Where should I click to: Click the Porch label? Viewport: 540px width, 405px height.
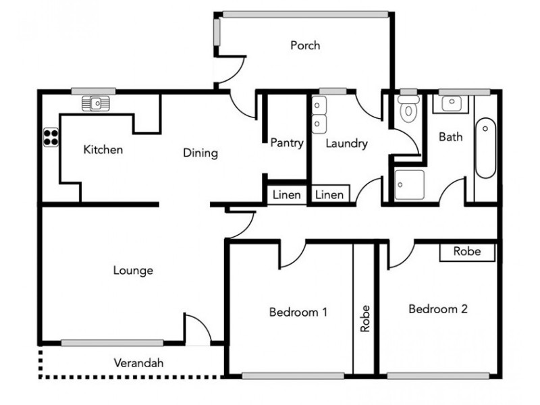point(305,46)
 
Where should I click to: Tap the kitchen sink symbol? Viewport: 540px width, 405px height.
point(95,103)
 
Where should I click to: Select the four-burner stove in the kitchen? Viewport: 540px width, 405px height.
point(51,137)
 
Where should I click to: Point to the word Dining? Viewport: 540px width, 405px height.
point(200,153)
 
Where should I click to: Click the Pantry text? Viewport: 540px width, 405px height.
point(286,143)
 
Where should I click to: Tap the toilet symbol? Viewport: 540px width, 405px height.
point(408,109)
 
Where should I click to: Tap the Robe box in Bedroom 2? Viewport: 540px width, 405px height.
point(467,252)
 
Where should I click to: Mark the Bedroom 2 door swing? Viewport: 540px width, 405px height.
point(399,254)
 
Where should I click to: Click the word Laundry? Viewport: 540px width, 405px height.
point(346,143)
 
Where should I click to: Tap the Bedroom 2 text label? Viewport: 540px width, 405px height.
point(438,309)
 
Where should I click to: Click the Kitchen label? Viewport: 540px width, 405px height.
point(103,150)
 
